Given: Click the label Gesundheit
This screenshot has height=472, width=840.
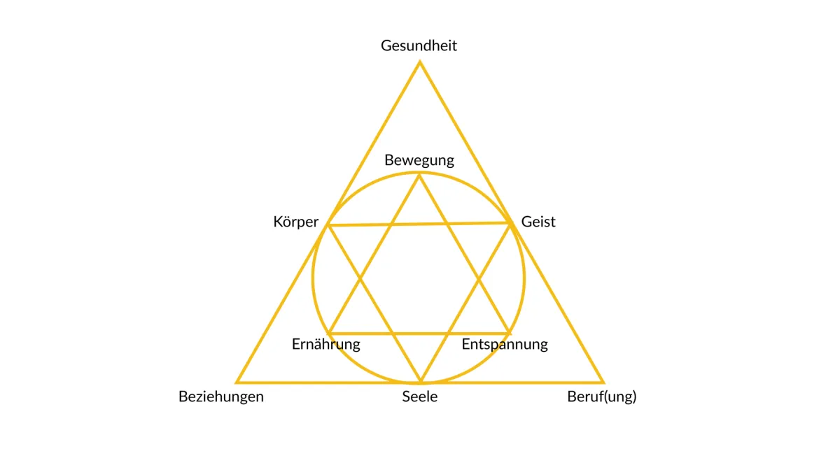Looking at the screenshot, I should (x=419, y=46).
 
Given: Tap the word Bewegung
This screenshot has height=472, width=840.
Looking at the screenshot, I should (x=419, y=160).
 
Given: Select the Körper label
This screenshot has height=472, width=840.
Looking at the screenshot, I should (x=295, y=222).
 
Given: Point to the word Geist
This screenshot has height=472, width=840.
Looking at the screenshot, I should (x=538, y=222).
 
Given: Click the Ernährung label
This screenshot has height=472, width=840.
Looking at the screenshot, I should (x=325, y=344).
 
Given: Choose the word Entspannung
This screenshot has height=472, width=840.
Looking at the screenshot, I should (x=504, y=344).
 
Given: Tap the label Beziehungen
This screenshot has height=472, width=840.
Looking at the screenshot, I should (x=220, y=396).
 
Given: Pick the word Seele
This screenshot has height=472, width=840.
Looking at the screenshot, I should (x=420, y=396).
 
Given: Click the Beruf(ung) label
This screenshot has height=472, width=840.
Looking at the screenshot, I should (x=601, y=396).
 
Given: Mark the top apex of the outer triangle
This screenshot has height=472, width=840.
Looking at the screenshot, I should (x=420, y=62).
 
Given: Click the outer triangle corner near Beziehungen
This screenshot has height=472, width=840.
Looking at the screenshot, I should (x=237, y=382).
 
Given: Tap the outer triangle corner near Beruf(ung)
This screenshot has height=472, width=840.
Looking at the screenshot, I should (x=603, y=382).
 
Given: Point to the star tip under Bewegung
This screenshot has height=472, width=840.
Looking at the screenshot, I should (x=420, y=175).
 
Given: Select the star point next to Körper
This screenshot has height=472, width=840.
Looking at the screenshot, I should (x=328, y=225).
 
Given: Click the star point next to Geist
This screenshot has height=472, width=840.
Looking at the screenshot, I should (x=510, y=223).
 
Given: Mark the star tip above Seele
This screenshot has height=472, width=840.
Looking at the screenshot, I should (x=420, y=382).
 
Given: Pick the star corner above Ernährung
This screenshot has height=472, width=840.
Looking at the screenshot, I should (x=329, y=333).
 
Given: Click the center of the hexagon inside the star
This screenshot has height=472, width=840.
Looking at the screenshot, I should (x=420, y=279).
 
